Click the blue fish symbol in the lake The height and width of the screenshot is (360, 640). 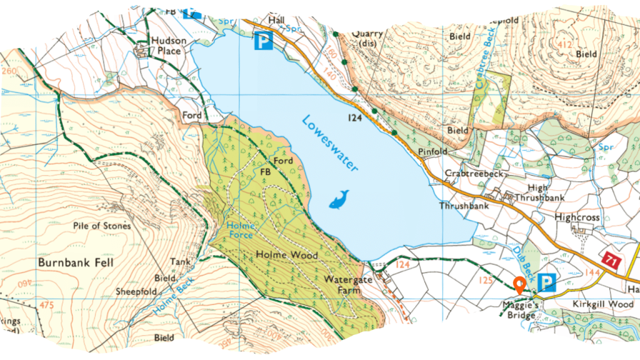339,199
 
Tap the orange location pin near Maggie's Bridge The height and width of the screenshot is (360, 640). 518,285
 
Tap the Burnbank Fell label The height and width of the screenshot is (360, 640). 76,262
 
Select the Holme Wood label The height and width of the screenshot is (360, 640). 287,255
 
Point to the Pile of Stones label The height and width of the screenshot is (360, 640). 102,225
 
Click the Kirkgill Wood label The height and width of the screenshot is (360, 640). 602,304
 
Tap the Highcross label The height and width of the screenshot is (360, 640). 576,217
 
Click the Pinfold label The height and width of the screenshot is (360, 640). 432,151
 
